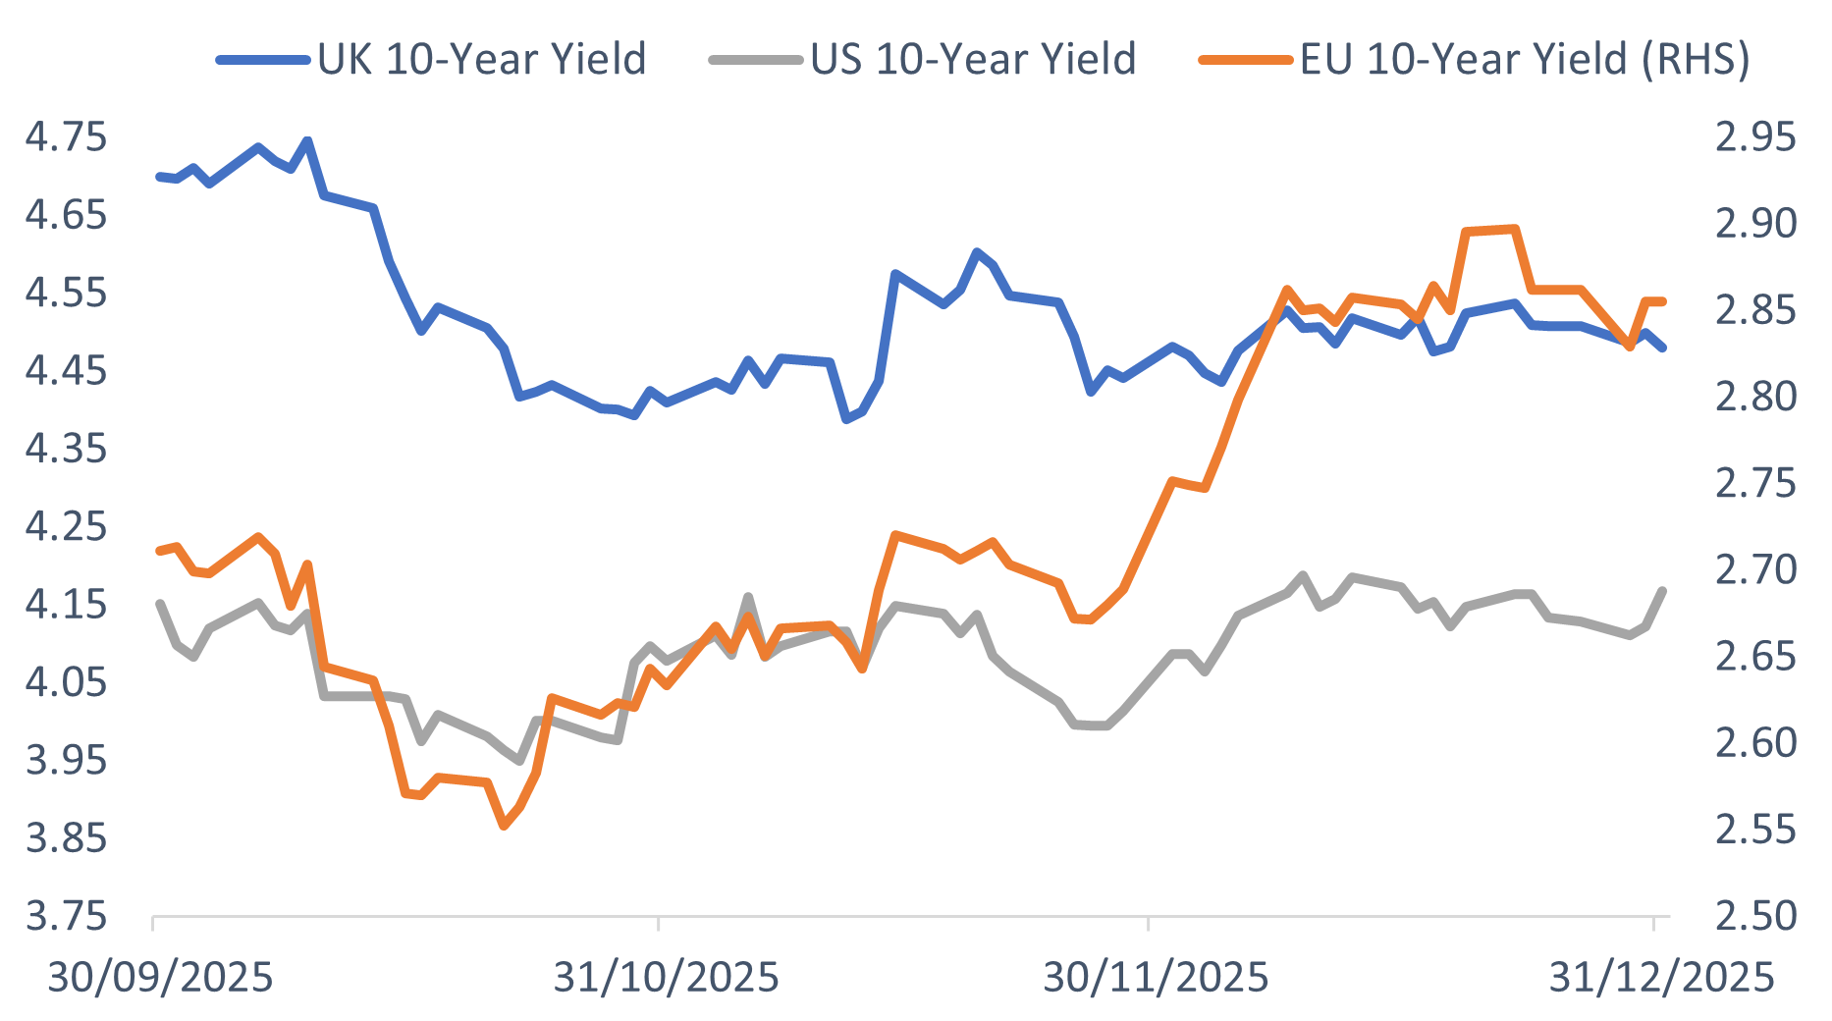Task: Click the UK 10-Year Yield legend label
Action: [x=481, y=59]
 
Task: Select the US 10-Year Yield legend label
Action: [x=973, y=59]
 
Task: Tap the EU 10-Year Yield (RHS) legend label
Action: [x=1525, y=59]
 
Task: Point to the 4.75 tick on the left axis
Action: [x=66, y=137]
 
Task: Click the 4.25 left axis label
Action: [x=66, y=526]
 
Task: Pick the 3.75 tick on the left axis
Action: [x=66, y=916]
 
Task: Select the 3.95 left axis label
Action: [x=66, y=760]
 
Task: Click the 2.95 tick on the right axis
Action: [x=1755, y=137]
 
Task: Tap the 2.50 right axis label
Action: [x=1755, y=916]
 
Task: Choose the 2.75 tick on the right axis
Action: [x=1755, y=483]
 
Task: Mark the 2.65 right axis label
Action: [x=1755, y=656]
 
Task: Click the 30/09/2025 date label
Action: [x=160, y=978]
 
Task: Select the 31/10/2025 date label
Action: [x=666, y=978]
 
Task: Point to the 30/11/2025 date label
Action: [x=1156, y=978]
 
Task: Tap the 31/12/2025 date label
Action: [x=1661, y=978]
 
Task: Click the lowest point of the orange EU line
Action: [x=504, y=826]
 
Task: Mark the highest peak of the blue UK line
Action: [x=307, y=140]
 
